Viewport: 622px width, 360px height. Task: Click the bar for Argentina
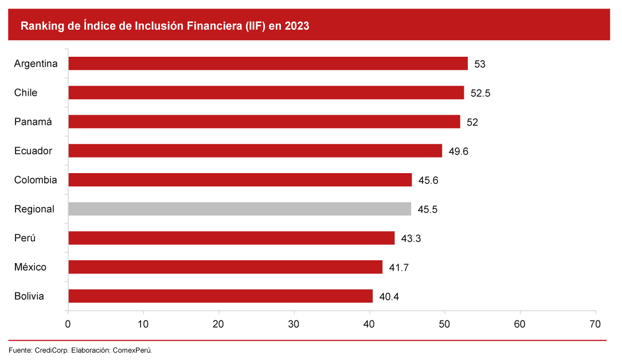point(268,64)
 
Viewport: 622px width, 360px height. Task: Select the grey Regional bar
point(240,209)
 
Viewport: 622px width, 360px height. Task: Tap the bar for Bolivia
point(220,296)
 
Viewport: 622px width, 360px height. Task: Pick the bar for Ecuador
point(255,151)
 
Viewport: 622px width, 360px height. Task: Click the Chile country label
point(26,93)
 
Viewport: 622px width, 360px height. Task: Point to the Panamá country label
point(33,122)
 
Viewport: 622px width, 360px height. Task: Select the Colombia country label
point(36,180)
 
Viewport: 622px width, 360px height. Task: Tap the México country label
point(30,267)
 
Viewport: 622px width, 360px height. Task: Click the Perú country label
point(26,238)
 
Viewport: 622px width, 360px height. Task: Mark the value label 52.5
point(480,93)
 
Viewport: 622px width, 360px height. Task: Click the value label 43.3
point(411,238)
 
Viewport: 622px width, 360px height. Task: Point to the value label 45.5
point(428,209)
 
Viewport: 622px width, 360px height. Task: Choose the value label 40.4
point(389,296)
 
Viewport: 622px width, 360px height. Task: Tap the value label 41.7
point(398,268)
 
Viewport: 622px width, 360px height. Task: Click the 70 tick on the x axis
point(595,324)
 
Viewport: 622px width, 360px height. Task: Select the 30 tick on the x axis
point(294,324)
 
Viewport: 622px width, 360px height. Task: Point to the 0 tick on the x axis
point(68,324)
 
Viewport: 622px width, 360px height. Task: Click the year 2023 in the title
point(296,26)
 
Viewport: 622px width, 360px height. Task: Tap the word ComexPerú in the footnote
point(132,350)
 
